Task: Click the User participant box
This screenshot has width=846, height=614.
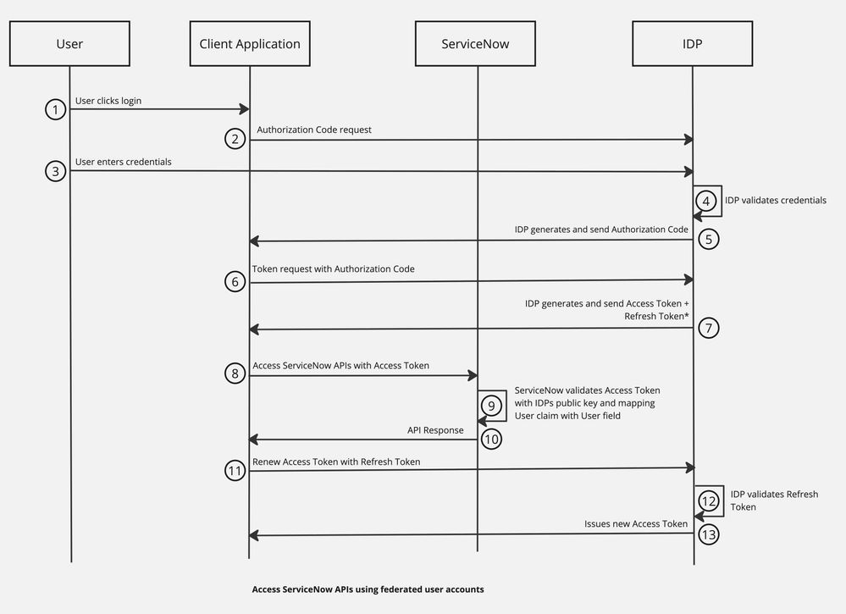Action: (69, 43)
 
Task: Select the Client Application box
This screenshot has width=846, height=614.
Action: (250, 43)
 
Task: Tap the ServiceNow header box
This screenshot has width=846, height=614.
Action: (476, 43)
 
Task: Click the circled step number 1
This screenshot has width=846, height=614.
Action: (56, 109)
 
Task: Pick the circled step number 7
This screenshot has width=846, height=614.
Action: (710, 328)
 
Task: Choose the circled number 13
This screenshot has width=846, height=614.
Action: (710, 534)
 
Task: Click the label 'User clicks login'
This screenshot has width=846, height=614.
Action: (108, 101)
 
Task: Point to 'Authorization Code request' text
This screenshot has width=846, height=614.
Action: (314, 130)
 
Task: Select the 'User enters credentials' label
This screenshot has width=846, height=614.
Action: (124, 161)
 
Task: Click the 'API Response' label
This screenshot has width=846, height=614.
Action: (435, 430)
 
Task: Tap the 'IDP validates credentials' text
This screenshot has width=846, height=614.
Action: (776, 201)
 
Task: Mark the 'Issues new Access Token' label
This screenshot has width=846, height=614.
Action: (635, 523)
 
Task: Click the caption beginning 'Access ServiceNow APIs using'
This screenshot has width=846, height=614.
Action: (368, 589)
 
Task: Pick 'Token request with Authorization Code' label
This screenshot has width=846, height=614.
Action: (334, 268)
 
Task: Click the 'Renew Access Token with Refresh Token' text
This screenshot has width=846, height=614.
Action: (336, 462)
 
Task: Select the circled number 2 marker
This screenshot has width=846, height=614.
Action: (235, 139)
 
